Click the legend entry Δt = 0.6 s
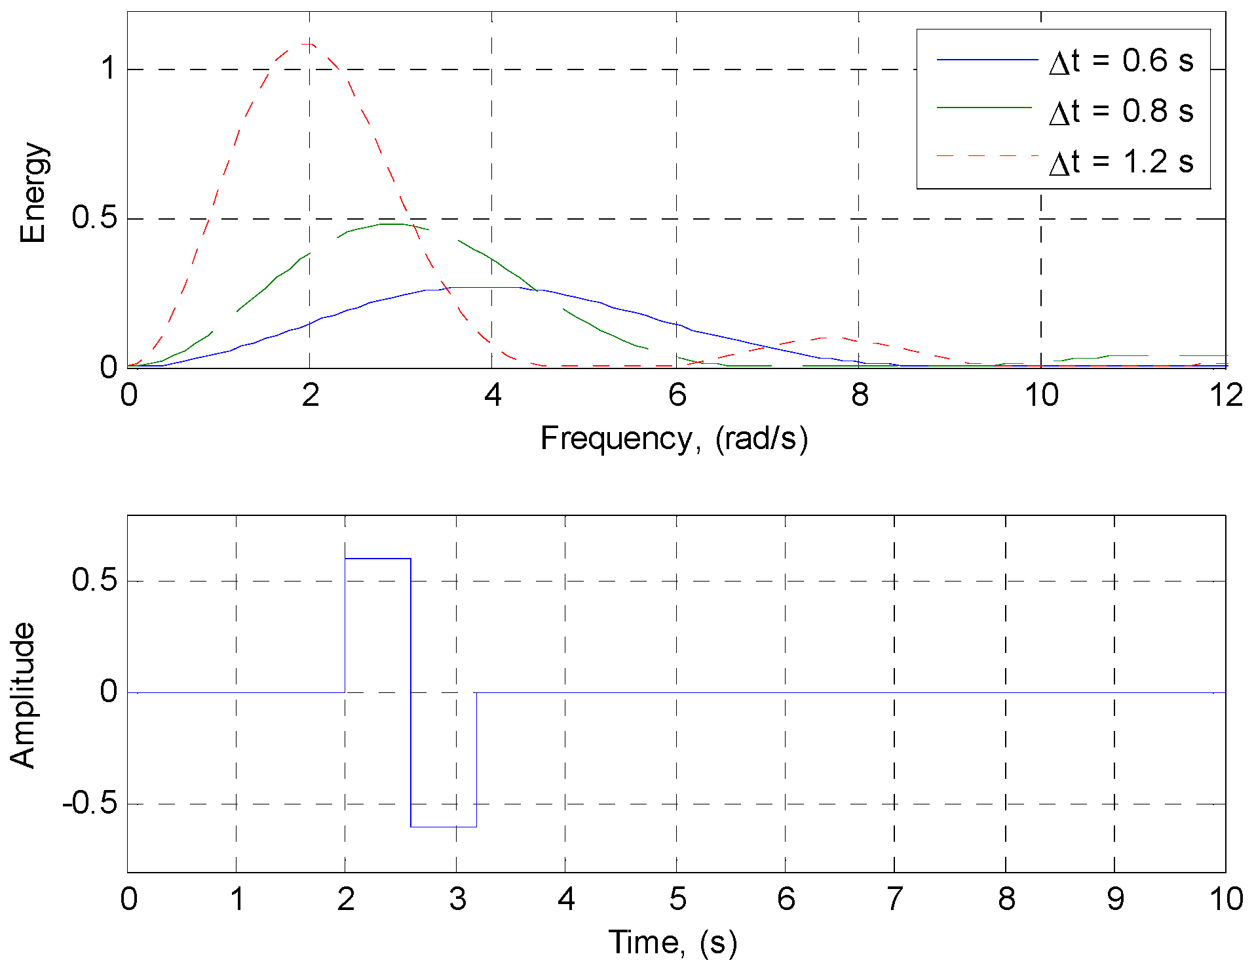point(1120,61)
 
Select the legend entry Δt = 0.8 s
point(1120,111)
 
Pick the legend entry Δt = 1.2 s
point(1120,161)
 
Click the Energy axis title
point(33,192)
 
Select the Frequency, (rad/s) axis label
point(674,438)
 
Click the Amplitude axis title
point(23,695)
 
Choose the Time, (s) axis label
point(673,943)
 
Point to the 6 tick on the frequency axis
point(677,395)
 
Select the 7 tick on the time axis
point(894,899)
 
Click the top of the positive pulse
point(377,559)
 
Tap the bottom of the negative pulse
point(444,827)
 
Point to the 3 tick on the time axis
point(457,899)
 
